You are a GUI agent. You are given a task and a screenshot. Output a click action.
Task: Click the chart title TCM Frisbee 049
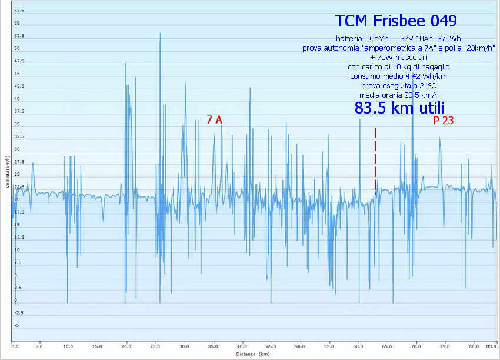[x=395, y=21]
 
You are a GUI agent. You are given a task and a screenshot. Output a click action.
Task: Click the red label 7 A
[x=215, y=120]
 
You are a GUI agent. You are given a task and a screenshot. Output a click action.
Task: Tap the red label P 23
[x=445, y=121]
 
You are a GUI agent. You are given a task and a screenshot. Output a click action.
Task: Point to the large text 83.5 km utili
[x=399, y=108]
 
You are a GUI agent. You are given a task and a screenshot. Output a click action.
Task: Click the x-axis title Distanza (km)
[x=253, y=354]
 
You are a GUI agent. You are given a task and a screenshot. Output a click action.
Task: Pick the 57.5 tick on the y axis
[x=19, y=11]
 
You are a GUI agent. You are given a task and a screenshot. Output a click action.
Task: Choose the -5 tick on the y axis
[x=17, y=325]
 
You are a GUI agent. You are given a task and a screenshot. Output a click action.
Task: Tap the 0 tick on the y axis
[x=16, y=301]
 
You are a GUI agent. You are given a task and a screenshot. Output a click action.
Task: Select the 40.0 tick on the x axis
[x=242, y=346]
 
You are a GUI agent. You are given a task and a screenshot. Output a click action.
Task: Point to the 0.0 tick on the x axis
[x=15, y=346]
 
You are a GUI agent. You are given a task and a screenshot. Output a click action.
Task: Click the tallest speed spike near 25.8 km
[x=160, y=34]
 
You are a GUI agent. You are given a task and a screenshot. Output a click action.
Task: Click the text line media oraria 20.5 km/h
[x=399, y=95]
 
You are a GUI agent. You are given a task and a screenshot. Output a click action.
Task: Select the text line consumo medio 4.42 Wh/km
[x=398, y=76]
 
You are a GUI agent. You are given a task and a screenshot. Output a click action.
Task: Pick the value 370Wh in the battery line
[x=449, y=38]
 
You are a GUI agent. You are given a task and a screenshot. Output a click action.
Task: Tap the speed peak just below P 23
[x=439, y=139]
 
